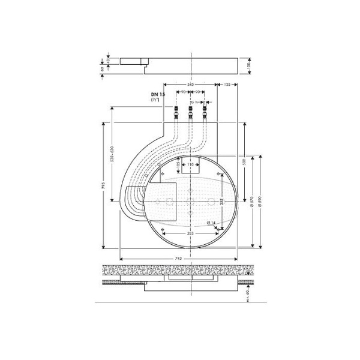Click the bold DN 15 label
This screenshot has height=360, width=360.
click(158, 95)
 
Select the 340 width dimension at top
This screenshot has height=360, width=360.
click(191, 85)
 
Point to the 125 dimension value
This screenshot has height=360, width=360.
click(227, 85)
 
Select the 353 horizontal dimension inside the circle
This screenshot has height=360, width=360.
click(190, 232)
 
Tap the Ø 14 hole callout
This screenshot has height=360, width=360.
click(211, 223)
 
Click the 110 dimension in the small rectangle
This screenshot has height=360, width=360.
click(190, 164)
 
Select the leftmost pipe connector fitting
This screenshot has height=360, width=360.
click(177, 112)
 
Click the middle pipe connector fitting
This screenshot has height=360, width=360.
click(191, 112)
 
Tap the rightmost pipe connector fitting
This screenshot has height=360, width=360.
click(205, 112)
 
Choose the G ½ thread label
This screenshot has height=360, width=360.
click(196, 103)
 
